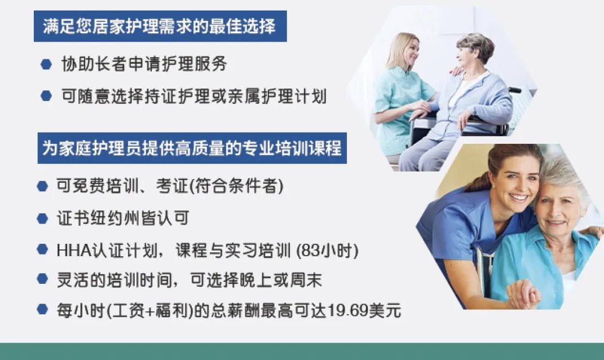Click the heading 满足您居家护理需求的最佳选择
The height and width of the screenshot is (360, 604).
tap(159, 27)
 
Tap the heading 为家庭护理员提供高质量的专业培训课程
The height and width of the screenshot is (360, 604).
tap(192, 148)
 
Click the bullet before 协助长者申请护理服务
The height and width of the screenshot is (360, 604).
tap(46, 64)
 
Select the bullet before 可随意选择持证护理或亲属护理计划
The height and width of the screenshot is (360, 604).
tap(46, 95)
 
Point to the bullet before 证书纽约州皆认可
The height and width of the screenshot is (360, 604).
tap(42, 218)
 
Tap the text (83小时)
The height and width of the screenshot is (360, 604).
tap(327, 251)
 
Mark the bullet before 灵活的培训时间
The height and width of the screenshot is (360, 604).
tap(42, 279)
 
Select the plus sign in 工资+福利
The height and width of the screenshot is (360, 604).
tap(150, 311)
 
